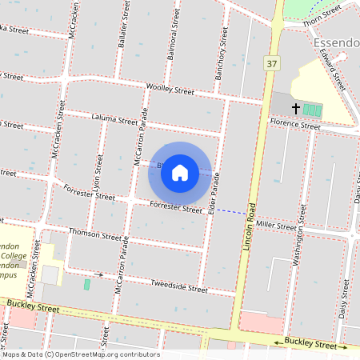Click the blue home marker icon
(180, 172)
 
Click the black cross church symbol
(295, 108)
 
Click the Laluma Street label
(114, 119)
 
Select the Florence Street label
(294, 125)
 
